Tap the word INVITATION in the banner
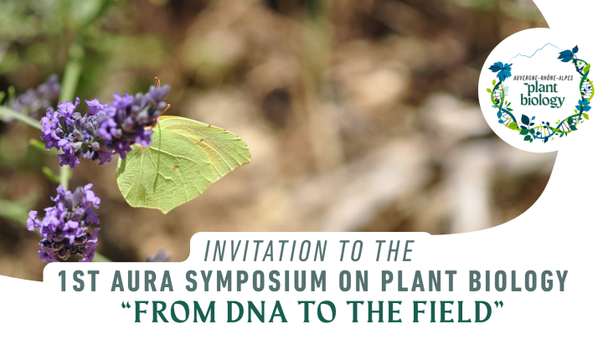[x=265, y=251]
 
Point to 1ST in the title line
[x=80, y=280]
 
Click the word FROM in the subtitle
[x=175, y=311]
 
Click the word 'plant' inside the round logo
[x=542, y=88]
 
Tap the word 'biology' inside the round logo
[x=542, y=100]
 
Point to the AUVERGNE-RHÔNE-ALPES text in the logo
[x=543, y=78]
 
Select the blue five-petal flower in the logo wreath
[x=584, y=105]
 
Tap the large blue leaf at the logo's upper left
[x=501, y=70]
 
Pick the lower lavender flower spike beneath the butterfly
[x=65, y=224]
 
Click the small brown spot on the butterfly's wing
[x=176, y=167]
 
